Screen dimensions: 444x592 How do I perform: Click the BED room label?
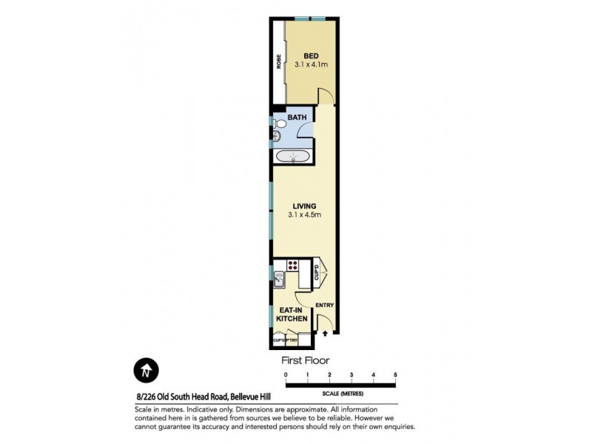[x=311, y=53]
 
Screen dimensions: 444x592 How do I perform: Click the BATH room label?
[x=297, y=117]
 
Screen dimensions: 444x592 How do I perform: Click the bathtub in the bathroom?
[x=292, y=156]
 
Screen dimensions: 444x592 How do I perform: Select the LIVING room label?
[x=304, y=206]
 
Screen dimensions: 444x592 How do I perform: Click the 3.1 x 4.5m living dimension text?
[x=304, y=215]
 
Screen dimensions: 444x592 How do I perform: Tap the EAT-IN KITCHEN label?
[x=292, y=314]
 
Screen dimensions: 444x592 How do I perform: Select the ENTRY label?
[x=324, y=305]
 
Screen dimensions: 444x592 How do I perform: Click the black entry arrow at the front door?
[x=324, y=334]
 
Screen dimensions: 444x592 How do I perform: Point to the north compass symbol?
[x=146, y=370]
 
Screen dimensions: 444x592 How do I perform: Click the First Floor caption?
[x=304, y=361]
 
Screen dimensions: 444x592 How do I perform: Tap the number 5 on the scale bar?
[x=396, y=376]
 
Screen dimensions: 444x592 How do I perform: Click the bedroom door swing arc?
[x=326, y=95]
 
